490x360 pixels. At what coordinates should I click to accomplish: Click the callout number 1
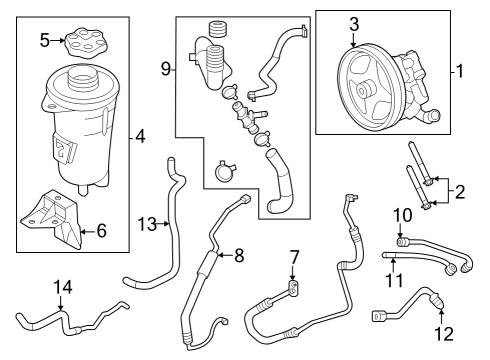point(461,72)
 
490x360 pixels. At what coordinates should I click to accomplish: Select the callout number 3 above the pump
point(353,23)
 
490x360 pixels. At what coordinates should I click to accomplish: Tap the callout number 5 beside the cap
point(45,40)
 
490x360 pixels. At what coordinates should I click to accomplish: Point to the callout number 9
point(166,69)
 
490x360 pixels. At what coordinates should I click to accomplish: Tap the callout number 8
point(238,255)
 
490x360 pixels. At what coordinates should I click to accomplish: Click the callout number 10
point(402,214)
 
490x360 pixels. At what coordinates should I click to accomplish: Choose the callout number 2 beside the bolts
point(459,190)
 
